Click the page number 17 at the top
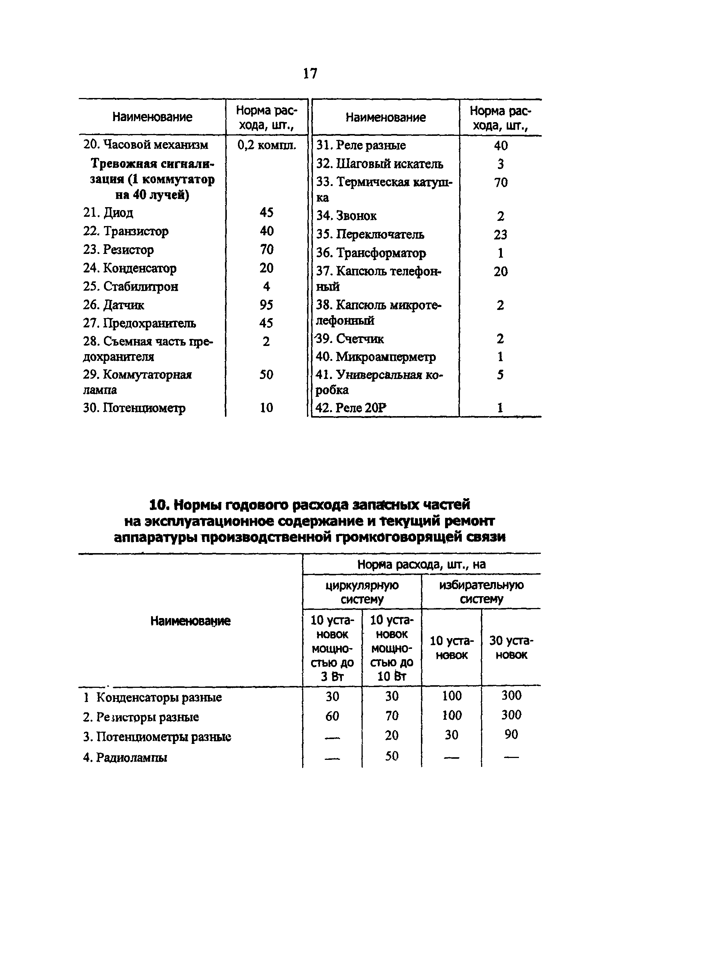(x=310, y=73)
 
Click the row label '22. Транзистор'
(x=125, y=231)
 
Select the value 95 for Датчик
(x=266, y=305)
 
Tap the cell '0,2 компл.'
(x=267, y=145)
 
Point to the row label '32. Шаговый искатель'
(x=379, y=164)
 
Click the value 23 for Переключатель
(x=500, y=235)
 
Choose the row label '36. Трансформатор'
(x=371, y=253)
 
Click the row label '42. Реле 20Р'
(x=351, y=408)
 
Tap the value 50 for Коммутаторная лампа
(x=266, y=375)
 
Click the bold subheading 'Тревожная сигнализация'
(x=152, y=179)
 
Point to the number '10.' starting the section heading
(x=160, y=505)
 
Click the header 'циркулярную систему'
(x=362, y=592)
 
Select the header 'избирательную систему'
(x=481, y=592)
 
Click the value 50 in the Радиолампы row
(x=391, y=756)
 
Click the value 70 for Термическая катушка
(x=500, y=183)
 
